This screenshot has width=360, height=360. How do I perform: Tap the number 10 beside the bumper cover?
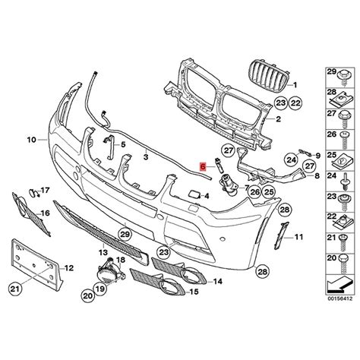[x=31, y=140]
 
